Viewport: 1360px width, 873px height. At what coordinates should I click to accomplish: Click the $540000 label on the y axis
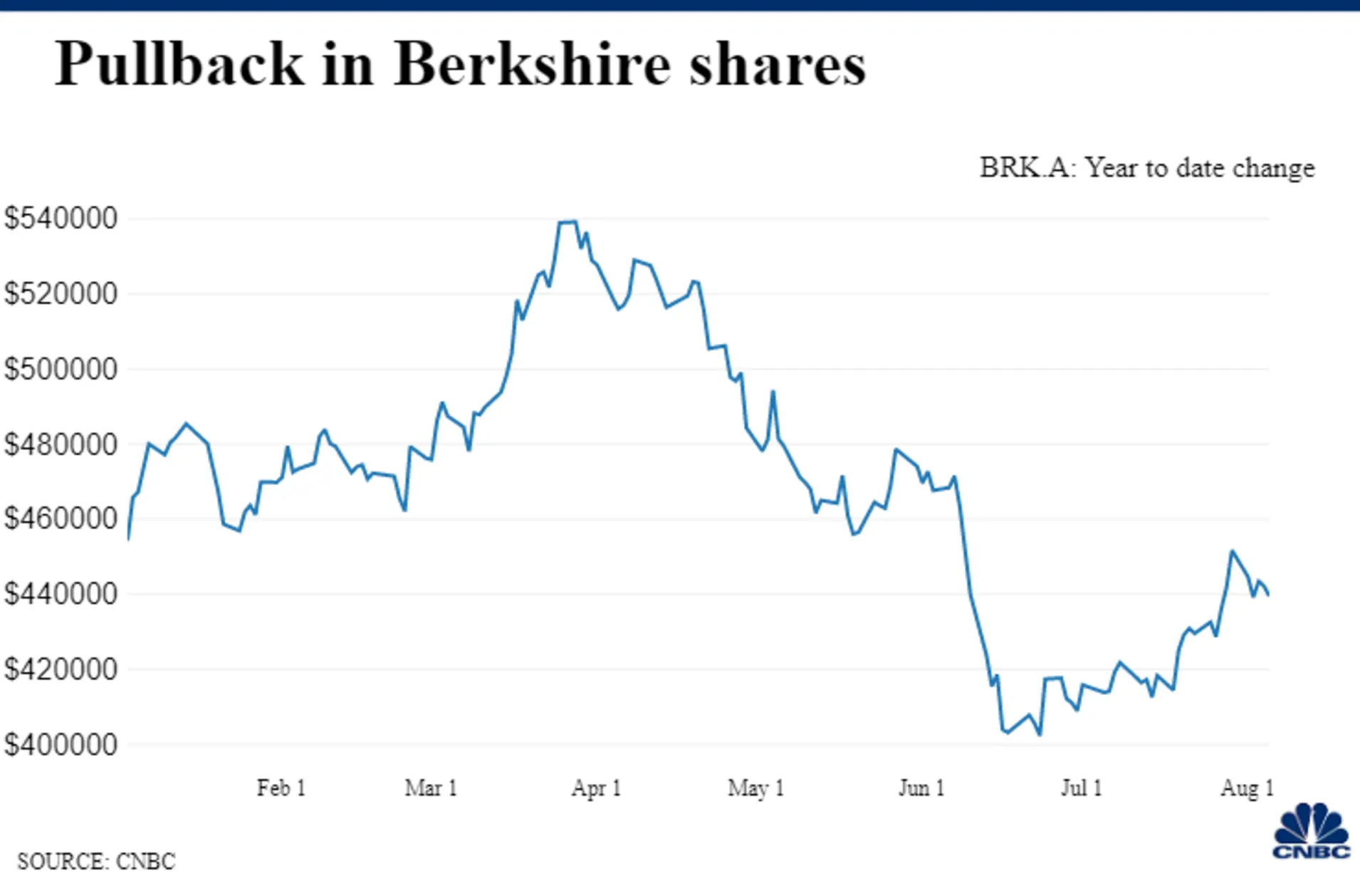click(61, 218)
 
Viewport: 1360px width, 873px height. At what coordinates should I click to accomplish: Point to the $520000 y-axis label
click(61, 293)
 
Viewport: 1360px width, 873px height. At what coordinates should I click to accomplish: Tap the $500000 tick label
click(61, 369)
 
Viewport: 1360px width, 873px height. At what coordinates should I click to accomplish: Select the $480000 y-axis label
click(61, 444)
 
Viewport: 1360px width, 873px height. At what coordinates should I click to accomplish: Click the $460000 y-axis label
click(61, 518)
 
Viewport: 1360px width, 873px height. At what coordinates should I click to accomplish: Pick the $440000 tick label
click(61, 593)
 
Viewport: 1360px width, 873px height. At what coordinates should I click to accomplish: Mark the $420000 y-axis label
click(61, 669)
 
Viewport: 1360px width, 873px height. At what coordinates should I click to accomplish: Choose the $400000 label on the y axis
click(61, 745)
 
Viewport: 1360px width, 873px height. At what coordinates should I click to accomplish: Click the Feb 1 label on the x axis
click(281, 788)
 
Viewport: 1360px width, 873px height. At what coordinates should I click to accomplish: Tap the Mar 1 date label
click(431, 788)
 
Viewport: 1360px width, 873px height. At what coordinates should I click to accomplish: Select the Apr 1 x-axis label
click(596, 788)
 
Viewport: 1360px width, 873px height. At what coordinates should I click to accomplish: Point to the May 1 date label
click(755, 788)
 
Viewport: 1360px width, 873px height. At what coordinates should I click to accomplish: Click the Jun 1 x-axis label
click(921, 788)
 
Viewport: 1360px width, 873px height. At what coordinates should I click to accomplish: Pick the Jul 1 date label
click(1081, 788)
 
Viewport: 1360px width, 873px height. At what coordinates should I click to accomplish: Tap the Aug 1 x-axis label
click(1247, 788)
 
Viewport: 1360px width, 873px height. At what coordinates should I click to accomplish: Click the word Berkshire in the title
click(532, 65)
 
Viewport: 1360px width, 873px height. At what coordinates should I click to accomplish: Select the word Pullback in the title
click(179, 65)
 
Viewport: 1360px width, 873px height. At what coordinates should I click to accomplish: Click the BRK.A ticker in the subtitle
click(1025, 168)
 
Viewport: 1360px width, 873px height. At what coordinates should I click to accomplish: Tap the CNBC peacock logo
click(1311, 832)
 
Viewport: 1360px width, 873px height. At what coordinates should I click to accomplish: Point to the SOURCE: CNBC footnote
click(96, 860)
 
